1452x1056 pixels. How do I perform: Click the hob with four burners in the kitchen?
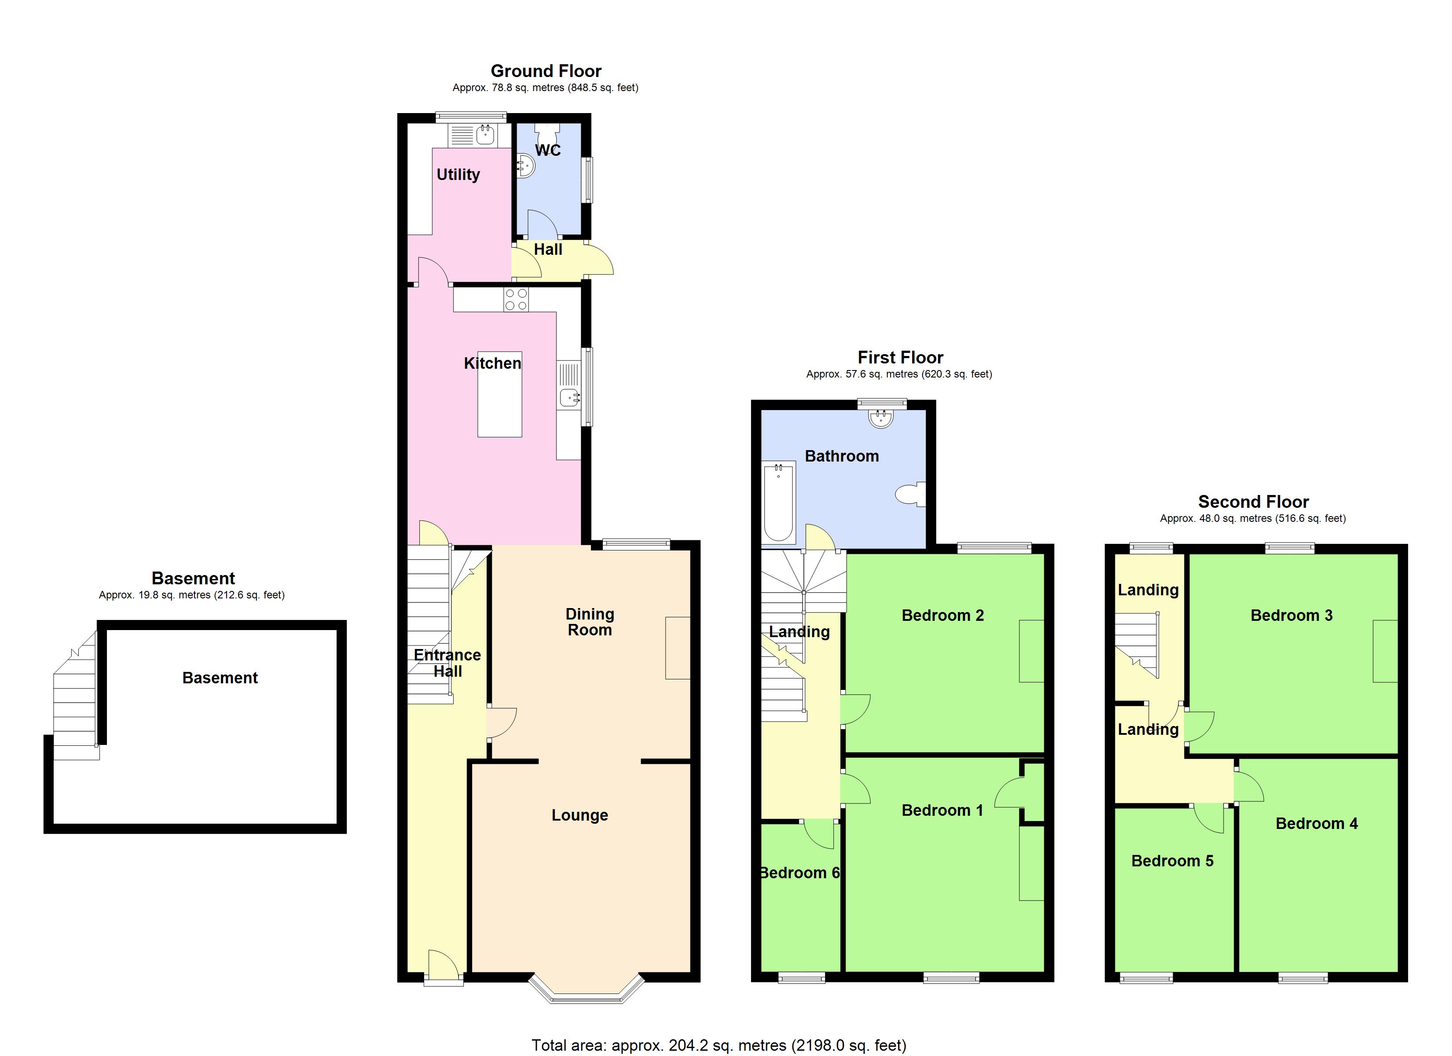coord(516,300)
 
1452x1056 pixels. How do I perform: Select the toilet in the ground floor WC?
coord(547,135)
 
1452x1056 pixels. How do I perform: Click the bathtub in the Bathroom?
coord(778,503)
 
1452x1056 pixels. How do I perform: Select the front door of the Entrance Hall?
coord(443,967)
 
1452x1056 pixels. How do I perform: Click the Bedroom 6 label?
coord(799,873)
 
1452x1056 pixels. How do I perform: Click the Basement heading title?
coord(193,578)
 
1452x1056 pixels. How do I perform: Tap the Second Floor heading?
coord(1253,502)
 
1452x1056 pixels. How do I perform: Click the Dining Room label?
coord(590,622)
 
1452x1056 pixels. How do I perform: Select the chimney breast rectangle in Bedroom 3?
coord(1385,651)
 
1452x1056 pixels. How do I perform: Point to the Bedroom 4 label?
coord(1316,824)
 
